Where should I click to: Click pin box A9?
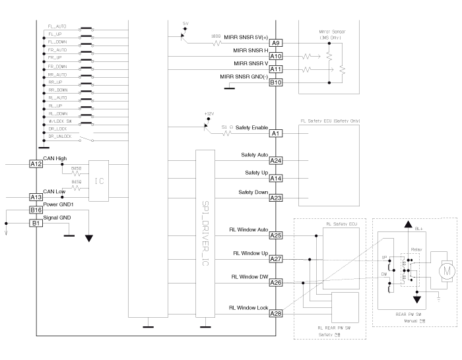[276, 43]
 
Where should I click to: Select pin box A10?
[276, 56]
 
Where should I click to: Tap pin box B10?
[276, 82]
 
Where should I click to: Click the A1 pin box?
[276, 133]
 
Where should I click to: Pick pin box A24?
[276, 160]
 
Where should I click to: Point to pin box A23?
[276, 197]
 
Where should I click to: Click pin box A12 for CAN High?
[36, 164]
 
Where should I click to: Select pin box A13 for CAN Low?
[36, 196]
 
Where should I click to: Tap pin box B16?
[36, 210]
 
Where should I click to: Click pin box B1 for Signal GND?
[36, 223]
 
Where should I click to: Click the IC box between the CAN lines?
[98, 180]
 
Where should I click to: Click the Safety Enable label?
[250, 127]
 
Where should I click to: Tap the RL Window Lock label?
[247, 307]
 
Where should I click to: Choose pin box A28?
[276, 313]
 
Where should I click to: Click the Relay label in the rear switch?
[416, 251]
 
